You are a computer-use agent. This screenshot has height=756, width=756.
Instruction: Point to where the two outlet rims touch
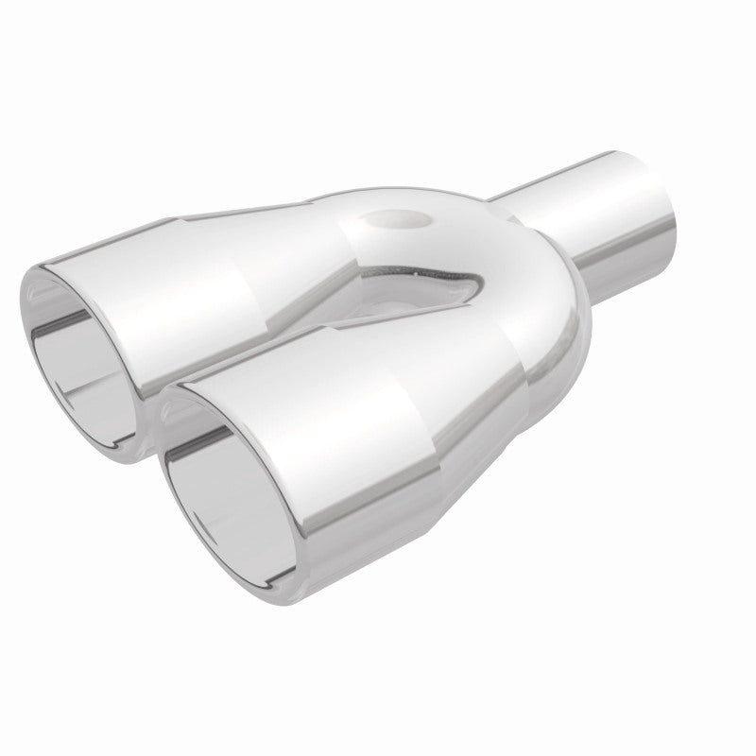click(156, 397)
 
